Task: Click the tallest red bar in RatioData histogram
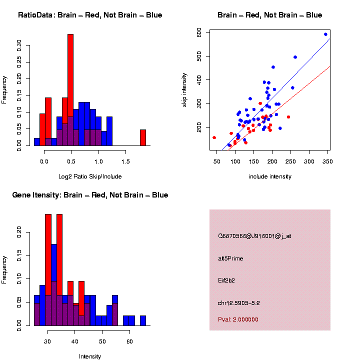70,90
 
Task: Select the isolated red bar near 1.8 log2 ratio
143,137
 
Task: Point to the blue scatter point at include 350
325,34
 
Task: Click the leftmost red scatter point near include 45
214,137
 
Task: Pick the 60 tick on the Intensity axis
129,341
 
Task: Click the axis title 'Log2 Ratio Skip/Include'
90,176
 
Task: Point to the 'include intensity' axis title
270,176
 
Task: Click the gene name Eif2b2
226,280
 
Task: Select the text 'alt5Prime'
230,258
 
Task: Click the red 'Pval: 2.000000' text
238,319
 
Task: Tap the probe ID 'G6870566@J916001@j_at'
254,235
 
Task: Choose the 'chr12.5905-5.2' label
239,303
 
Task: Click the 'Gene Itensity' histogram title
90,195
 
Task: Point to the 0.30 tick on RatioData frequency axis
19,46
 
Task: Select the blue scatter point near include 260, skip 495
295,57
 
